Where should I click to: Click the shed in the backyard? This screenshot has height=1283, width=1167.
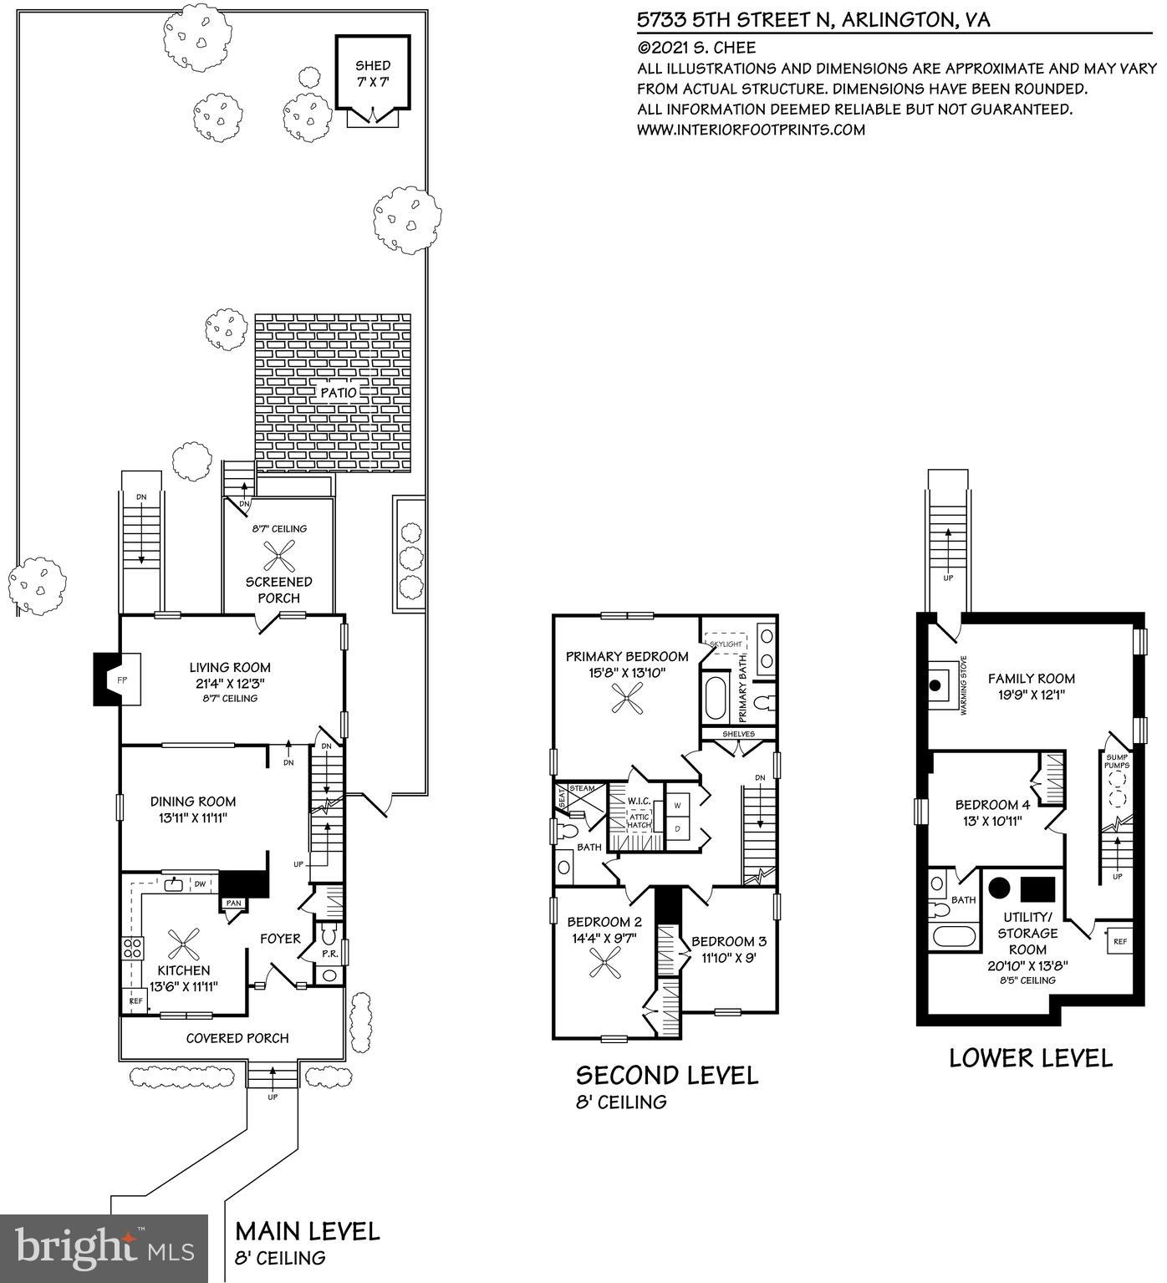pos(373,73)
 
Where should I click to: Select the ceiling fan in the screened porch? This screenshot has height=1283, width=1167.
pos(278,554)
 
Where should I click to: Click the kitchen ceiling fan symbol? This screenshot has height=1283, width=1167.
pos(183,944)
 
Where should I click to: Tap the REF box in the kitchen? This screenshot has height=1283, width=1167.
pos(134,1000)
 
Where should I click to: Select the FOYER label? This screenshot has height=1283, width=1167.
pos(280,939)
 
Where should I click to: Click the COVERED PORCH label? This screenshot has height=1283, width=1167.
pos(237,1038)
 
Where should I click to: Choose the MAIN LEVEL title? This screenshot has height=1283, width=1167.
pos(308,1230)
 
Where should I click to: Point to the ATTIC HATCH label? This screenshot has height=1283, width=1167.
pos(639,822)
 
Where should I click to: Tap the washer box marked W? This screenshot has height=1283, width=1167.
pos(676,806)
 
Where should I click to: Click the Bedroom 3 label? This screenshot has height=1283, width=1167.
pos(728,941)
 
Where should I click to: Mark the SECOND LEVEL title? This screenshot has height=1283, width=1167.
pos(666,1075)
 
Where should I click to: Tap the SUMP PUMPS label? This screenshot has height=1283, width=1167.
pos(1117,761)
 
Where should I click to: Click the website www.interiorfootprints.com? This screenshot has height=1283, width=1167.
pos(751,130)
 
